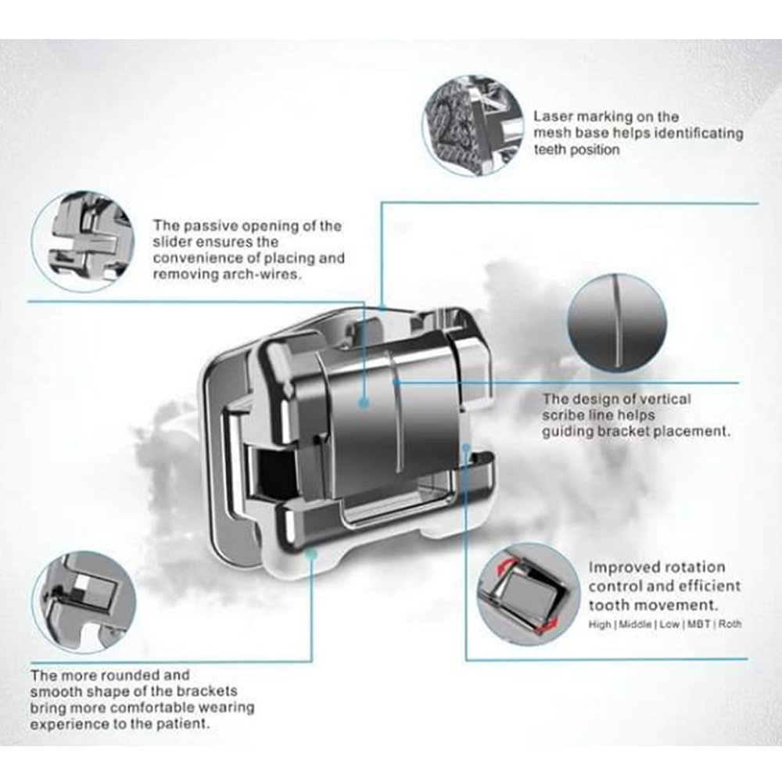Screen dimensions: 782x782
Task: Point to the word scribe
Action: pos(565,415)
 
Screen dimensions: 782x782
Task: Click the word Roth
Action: pos(730,624)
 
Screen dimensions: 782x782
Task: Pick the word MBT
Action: pos(699,624)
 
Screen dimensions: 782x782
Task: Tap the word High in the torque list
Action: pos(600,624)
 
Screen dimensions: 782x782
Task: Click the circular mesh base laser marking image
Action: pos(473,126)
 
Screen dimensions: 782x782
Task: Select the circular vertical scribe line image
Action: pos(617,323)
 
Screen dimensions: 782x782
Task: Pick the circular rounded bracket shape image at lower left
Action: pos(84,602)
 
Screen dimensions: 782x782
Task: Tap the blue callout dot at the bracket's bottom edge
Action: pos(311,554)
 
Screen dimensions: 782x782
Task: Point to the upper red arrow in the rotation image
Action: pos(506,565)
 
